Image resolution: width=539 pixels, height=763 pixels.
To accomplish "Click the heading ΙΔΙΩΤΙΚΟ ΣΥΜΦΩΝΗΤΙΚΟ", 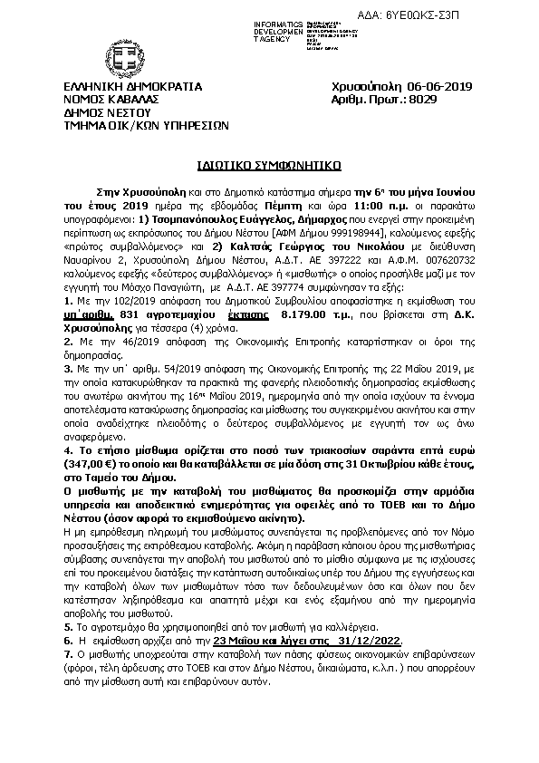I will [x=269, y=167].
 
